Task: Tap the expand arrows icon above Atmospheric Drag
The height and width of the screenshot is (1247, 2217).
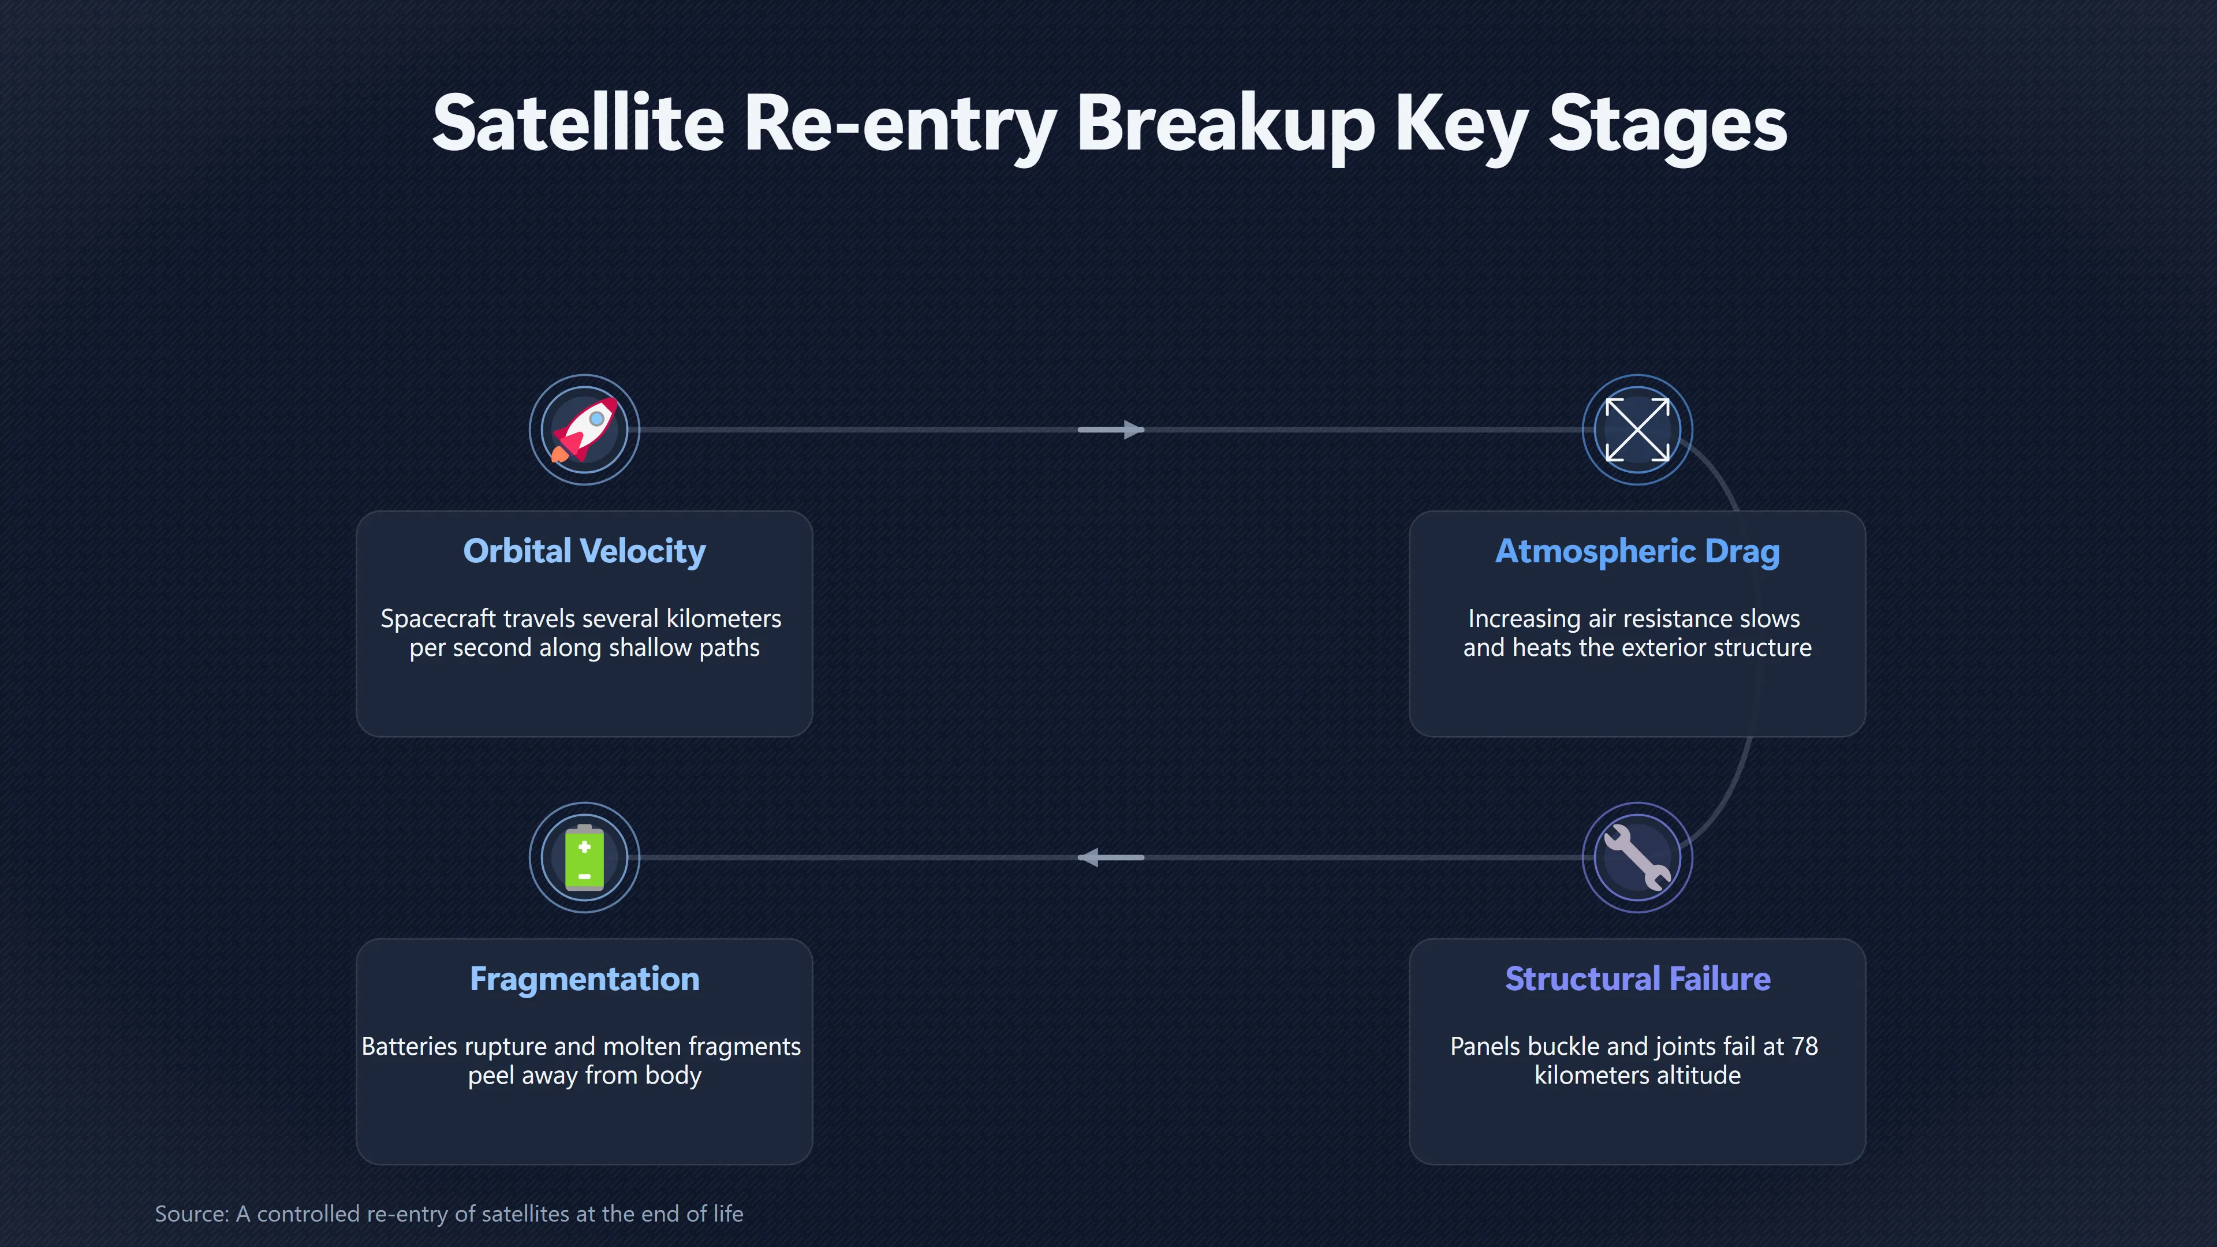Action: coord(1637,430)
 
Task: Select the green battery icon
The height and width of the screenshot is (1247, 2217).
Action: coord(584,857)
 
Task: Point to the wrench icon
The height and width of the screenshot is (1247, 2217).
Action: coord(1637,857)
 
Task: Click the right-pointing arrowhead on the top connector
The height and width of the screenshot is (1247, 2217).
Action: coord(1133,430)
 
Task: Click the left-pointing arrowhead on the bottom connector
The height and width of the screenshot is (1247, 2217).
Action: coord(1089,857)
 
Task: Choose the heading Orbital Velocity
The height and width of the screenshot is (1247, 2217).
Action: coord(584,551)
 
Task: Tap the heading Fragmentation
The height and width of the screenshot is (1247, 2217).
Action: coord(584,979)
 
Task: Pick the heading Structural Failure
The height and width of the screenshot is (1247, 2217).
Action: coord(1637,979)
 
